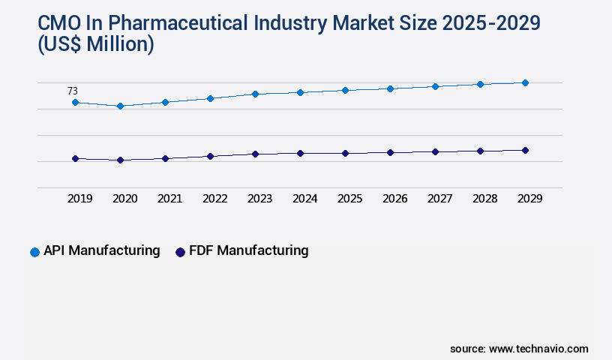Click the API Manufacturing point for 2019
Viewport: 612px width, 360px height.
75,102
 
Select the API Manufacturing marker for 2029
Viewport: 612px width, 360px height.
525,82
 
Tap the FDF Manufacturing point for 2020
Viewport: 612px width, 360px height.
120,160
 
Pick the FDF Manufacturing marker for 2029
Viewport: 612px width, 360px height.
525,150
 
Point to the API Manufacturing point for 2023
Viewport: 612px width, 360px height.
255,94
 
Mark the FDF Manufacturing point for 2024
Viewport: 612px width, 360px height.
300,153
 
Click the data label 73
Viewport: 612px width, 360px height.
73,91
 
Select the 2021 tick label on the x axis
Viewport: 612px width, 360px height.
169,199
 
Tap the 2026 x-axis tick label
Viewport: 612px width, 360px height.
394,199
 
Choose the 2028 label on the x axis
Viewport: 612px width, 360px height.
484,199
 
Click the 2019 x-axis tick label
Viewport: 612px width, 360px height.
79,199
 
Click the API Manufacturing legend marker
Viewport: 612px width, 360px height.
34,252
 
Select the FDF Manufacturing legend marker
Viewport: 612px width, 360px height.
180,252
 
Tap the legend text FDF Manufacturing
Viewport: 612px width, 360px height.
248,250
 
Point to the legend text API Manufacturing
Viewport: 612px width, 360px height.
101,250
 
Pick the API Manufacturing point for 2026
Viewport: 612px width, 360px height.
390,88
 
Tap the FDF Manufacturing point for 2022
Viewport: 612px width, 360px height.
210,156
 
